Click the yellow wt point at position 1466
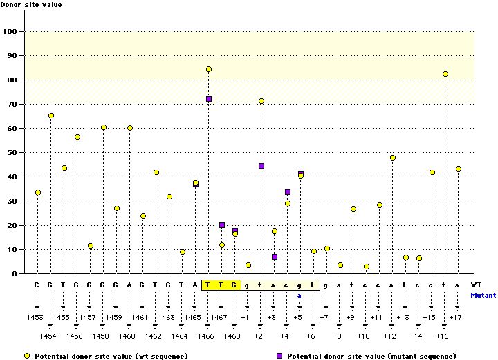(209, 69)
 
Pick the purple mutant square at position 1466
(209, 99)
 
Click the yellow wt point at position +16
(445, 74)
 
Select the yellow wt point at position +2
(261, 101)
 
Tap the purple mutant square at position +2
(261, 166)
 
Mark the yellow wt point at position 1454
(51, 116)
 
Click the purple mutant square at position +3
(275, 257)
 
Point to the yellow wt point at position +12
(393, 158)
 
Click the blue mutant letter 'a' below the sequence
(300, 295)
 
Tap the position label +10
(364, 336)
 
